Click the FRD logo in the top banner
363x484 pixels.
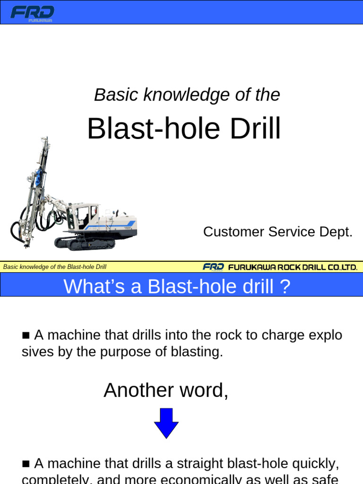click(32, 13)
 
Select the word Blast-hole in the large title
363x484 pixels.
click(152, 129)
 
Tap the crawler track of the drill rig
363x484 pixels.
click(85, 243)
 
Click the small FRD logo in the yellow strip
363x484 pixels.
click(213, 267)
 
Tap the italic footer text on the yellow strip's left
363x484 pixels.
click(55, 267)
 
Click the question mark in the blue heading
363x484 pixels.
click(284, 287)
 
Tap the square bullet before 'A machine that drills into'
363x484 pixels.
click(26, 336)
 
